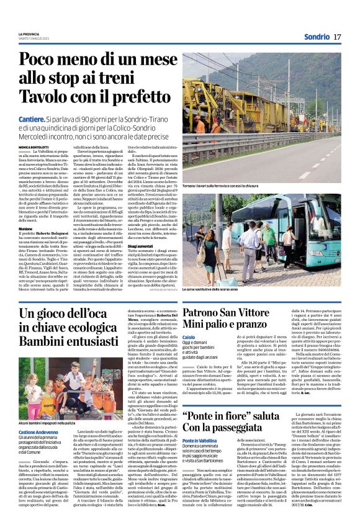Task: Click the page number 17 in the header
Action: pyautogui.click(x=337, y=37)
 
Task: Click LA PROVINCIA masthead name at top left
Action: pyautogui.click(x=29, y=34)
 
